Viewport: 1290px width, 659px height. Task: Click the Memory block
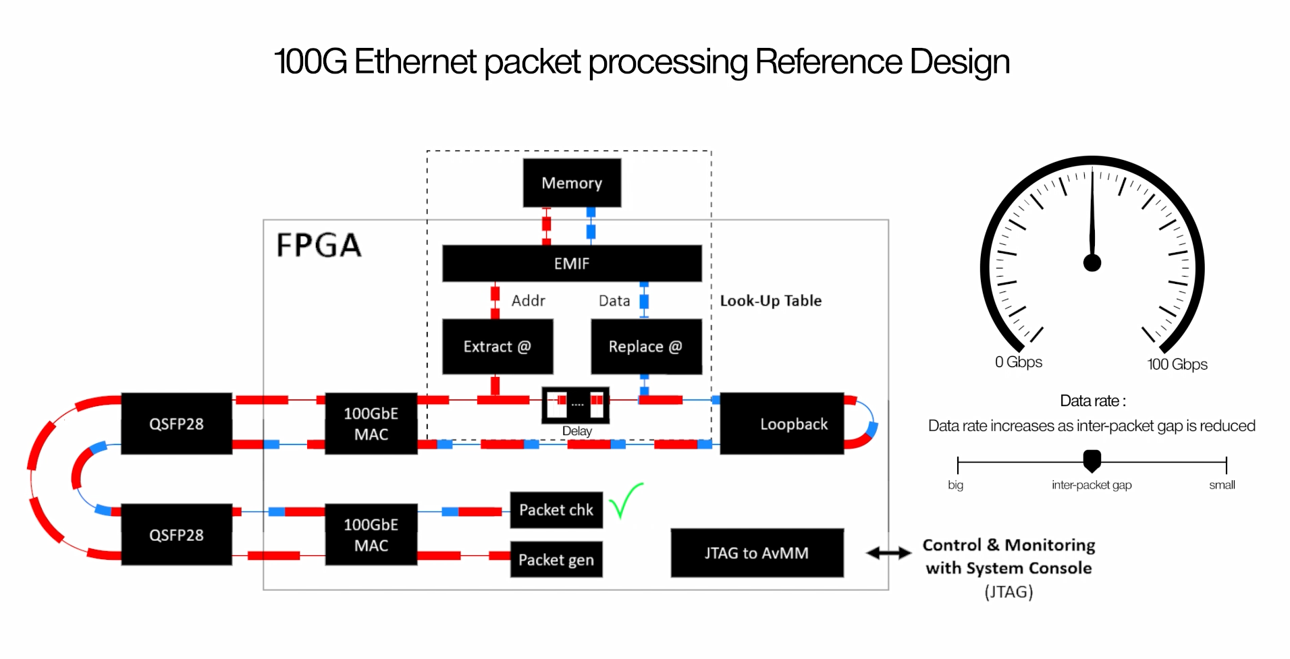click(572, 183)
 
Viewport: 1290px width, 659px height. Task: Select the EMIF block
click(572, 263)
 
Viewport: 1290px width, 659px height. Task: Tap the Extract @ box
click(498, 347)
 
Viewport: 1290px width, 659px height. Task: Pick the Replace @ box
click(646, 347)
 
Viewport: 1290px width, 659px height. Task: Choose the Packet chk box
click(556, 510)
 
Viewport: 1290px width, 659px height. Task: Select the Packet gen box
click(556, 559)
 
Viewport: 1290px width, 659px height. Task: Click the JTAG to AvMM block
click(757, 553)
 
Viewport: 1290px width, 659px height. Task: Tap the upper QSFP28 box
click(176, 424)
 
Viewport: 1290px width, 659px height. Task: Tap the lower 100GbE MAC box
click(371, 534)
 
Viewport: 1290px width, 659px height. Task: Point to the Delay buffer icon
click(576, 404)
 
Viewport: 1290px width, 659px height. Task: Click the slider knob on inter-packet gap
click(1092, 461)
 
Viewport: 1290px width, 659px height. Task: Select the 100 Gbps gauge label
click(1177, 364)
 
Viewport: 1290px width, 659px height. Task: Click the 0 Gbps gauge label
click(1019, 362)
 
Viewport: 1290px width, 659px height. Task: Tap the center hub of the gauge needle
click(1092, 262)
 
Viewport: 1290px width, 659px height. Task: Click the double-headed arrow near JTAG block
click(888, 553)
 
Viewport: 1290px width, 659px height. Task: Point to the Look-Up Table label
click(770, 301)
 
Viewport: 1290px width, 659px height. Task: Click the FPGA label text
click(319, 245)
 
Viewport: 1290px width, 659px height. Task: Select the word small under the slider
click(1222, 485)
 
